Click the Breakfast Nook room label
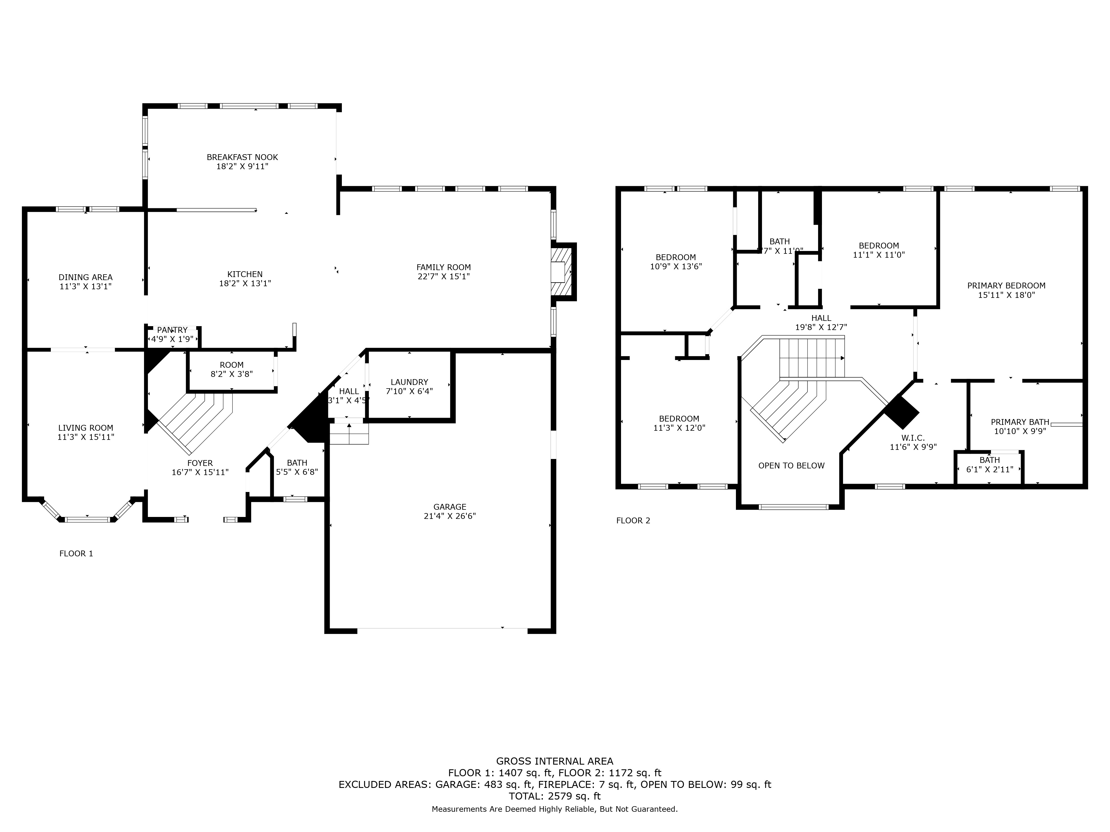pyautogui.click(x=242, y=157)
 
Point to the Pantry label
pyautogui.click(x=172, y=330)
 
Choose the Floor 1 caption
pyautogui.click(x=76, y=554)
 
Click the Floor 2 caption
pyautogui.click(x=633, y=521)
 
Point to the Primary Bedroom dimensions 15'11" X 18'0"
pyautogui.click(x=1006, y=295)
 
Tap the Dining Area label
pyautogui.click(x=85, y=277)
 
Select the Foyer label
pyautogui.click(x=200, y=463)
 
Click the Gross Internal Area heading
pyautogui.click(x=554, y=761)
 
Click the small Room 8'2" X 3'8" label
pyautogui.click(x=231, y=365)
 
